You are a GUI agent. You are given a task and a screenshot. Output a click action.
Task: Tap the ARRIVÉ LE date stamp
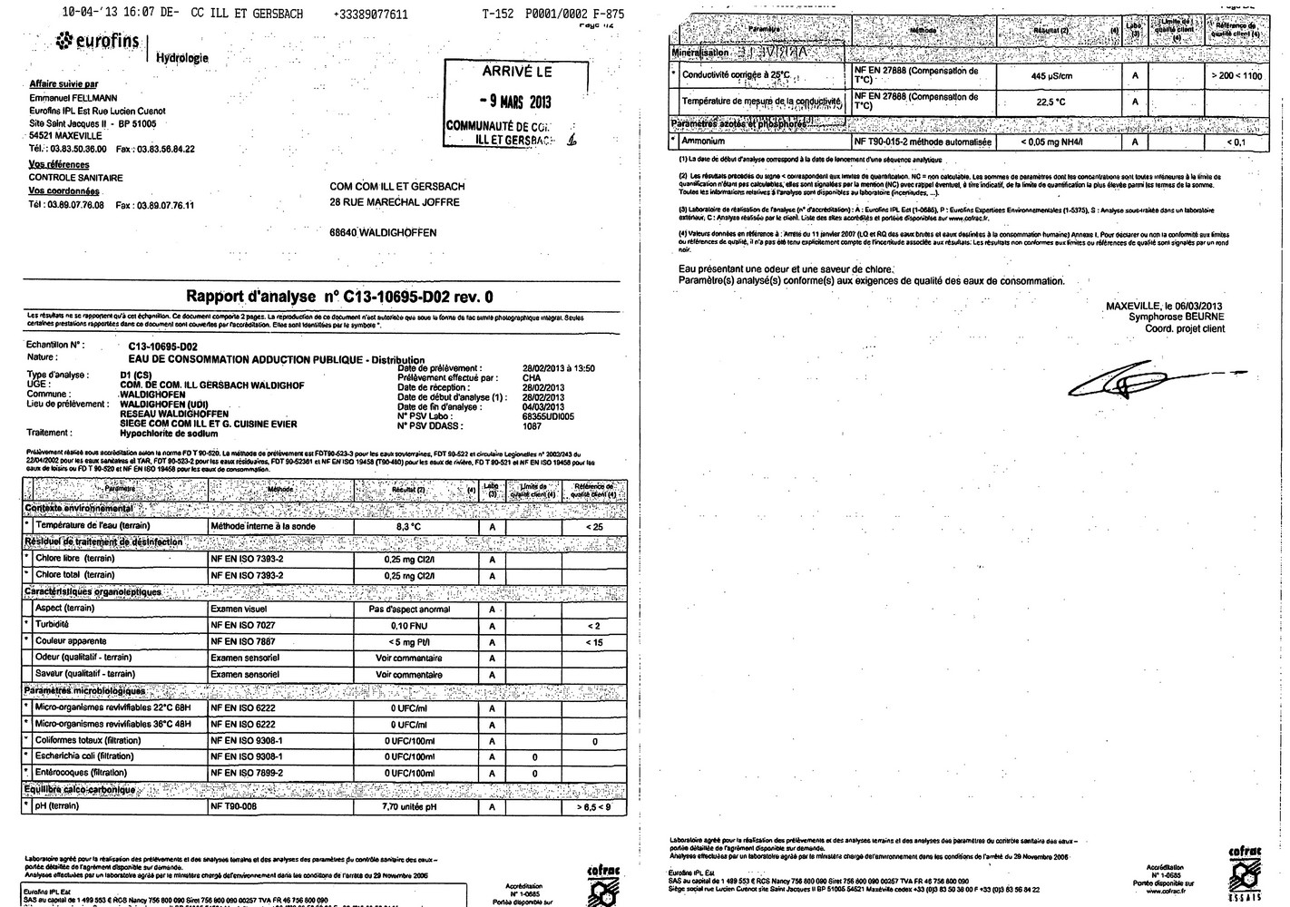click(511, 103)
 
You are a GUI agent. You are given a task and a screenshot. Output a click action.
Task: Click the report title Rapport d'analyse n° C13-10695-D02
click(339, 296)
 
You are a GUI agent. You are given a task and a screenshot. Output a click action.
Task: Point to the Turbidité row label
click(52, 625)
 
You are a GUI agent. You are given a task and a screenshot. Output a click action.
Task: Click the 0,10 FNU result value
click(409, 626)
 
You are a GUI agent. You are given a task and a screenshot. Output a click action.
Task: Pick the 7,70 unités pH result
click(409, 806)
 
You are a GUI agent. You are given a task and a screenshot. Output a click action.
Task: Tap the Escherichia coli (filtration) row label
click(85, 756)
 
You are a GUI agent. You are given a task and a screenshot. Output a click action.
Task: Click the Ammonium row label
click(704, 141)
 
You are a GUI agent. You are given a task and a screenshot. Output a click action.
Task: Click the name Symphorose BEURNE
click(1176, 317)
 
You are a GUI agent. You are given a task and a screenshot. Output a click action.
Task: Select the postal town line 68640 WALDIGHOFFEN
click(383, 233)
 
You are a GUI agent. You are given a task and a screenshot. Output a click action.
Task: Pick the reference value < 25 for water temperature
click(594, 526)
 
